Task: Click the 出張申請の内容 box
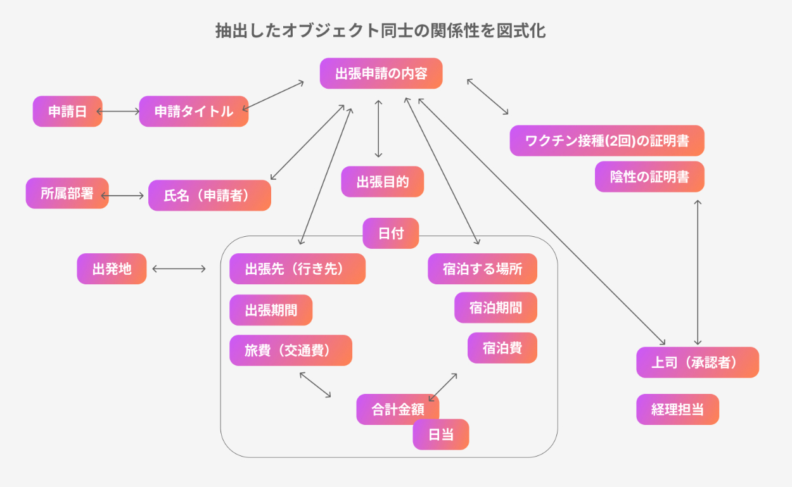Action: tap(381, 73)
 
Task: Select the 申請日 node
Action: tap(67, 111)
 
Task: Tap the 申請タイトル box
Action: tap(193, 111)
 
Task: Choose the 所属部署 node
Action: tap(67, 193)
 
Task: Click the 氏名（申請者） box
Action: tap(209, 196)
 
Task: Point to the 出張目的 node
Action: tap(382, 182)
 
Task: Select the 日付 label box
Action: tap(391, 233)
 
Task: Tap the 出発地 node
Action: tap(112, 269)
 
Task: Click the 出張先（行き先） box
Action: tap(297, 269)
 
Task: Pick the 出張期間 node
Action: tap(271, 310)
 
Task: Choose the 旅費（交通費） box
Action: tap(290, 350)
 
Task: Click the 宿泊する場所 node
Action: tap(483, 269)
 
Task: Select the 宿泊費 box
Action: tap(502, 348)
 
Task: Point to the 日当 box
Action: tap(440, 434)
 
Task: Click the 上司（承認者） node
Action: tap(697, 362)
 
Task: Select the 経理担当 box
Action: tap(677, 409)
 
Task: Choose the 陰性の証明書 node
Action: tap(649, 177)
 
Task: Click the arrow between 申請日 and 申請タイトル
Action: tap(120, 111)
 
